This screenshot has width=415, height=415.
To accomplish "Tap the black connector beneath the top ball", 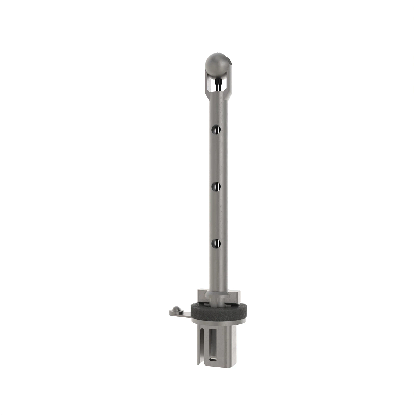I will point(218,82).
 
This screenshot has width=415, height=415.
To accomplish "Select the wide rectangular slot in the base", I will point(212,341).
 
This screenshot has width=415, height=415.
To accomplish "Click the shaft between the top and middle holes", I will point(218,157).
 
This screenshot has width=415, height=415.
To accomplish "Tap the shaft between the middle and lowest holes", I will point(218,214).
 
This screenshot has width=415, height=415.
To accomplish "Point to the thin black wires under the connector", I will point(218,88).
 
